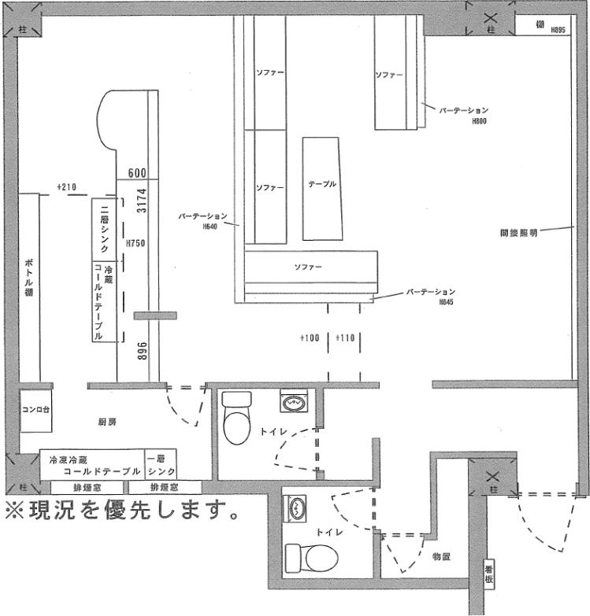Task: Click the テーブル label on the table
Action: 322,184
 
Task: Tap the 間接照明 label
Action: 518,233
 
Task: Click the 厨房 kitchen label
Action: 108,422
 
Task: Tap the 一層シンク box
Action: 161,464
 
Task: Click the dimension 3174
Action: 143,201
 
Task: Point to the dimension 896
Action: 143,351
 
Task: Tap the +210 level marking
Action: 66,186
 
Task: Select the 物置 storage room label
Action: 440,556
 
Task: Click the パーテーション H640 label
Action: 203,219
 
